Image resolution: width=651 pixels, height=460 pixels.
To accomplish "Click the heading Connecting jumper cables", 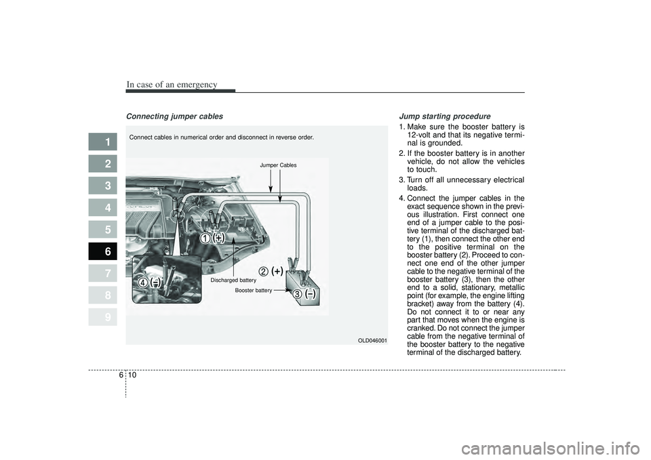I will (174, 117).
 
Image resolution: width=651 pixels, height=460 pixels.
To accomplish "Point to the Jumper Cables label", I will (279, 165).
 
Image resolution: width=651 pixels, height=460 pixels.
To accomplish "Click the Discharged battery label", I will (233, 280).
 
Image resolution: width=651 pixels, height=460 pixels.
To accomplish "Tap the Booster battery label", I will (253, 290).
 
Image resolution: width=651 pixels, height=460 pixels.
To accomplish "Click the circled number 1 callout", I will (203, 238).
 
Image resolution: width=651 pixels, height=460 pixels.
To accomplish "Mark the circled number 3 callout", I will (297, 294).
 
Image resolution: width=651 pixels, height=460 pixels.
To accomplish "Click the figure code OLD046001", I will (372, 340).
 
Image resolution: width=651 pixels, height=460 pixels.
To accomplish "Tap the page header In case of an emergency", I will (172, 84).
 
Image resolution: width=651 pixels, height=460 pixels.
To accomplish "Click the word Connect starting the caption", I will (142, 137).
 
